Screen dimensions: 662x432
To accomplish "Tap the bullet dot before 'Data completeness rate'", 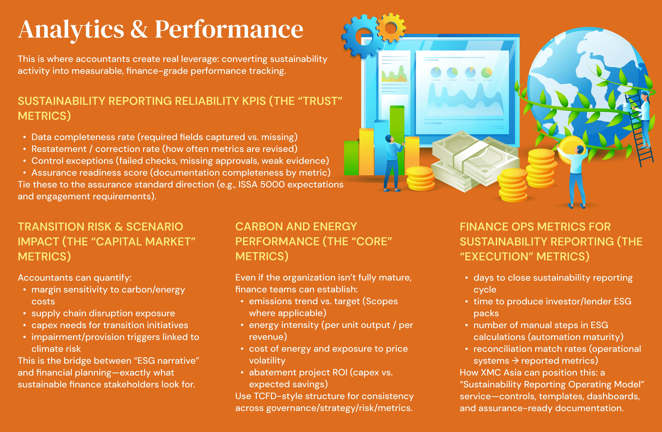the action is point(25,137).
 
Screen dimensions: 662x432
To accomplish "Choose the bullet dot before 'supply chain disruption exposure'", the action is point(25,314).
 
